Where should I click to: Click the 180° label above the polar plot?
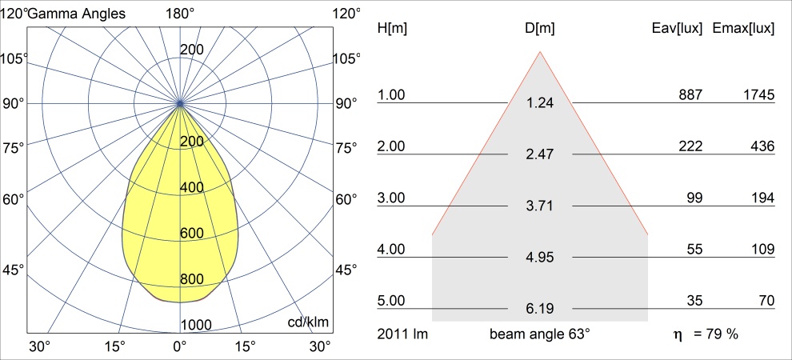179,13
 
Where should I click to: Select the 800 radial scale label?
191,279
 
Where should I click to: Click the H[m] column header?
391,28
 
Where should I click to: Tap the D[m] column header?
540,28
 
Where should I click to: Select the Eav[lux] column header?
678,28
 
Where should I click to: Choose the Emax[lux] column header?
743,28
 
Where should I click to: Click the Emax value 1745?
758,95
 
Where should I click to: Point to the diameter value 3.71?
540,207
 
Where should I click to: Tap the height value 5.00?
391,301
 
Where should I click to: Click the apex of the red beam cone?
540,52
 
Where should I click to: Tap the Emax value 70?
766,301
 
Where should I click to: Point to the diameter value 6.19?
540,308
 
